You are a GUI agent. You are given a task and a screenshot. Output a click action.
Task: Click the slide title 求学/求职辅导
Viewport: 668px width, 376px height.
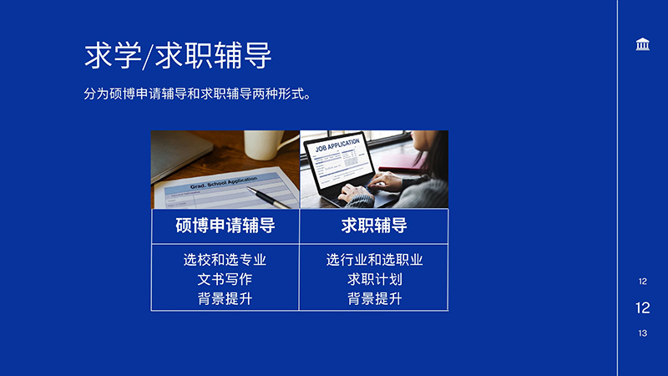pyautogui.click(x=178, y=55)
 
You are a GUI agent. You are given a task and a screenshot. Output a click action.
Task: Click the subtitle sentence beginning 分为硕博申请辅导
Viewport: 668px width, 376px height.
pyautogui.click(x=197, y=94)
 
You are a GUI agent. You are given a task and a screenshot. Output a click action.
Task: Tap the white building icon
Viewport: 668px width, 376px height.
pyautogui.click(x=642, y=44)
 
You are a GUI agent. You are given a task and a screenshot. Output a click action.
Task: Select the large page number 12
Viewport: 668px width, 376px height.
pyautogui.click(x=642, y=307)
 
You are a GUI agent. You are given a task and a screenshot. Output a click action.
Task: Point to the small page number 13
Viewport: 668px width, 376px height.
pyautogui.click(x=642, y=333)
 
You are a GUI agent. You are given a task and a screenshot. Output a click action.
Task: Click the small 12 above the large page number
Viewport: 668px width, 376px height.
pyautogui.click(x=642, y=282)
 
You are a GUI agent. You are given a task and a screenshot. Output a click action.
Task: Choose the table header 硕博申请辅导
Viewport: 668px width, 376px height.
pyautogui.click(x=225, y=226)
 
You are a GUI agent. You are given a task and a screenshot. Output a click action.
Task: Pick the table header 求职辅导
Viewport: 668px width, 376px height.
pyautogui.click(x=374, y=226)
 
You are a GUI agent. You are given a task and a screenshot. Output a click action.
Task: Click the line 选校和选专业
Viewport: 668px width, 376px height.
pyautogui.click(x=225, y=260)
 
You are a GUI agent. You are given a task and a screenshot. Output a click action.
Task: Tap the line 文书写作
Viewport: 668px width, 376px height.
pyautogui.click(x=225, y=279)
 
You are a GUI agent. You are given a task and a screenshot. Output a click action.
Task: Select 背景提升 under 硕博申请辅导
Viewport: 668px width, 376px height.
pyautogui.click(x=225, y=298)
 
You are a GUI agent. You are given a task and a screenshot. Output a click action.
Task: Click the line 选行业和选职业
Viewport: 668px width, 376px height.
pyautogui.click(x=374, y=260)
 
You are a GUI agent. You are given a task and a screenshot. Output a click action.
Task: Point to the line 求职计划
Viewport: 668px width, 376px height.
pyautogui.click(x=374, y=279)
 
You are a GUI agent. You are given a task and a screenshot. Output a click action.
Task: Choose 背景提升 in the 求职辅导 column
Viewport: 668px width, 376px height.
pyautogui.click(x=374, y=298)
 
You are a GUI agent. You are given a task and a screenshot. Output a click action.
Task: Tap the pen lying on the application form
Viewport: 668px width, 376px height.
pyautogui.click(x=268, y=197)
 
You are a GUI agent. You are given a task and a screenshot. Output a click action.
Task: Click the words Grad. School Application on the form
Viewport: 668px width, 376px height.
pyautogui.click(x=224, y=183)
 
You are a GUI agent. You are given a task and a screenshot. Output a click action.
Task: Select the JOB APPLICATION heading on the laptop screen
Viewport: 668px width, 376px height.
pyautogui.click(x=337, y=145)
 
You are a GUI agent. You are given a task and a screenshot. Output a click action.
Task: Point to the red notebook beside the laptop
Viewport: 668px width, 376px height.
pyautogui.click(x=402, y=163)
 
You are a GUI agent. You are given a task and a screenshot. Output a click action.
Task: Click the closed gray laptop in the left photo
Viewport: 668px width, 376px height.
pyautogui.click(x=179, y=154)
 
